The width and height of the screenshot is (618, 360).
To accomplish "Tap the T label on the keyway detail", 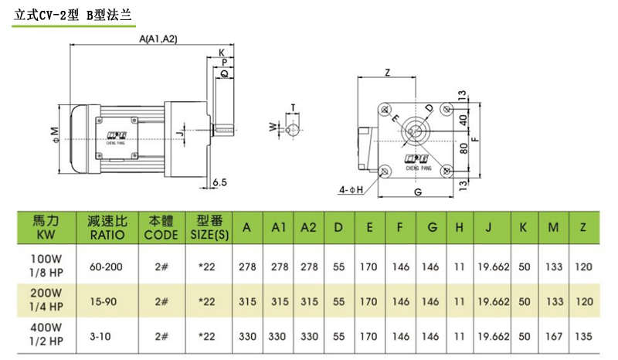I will [293, 107].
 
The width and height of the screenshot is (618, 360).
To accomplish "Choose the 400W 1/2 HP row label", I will [44, 338].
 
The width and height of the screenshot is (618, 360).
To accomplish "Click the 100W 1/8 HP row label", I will [44, 267].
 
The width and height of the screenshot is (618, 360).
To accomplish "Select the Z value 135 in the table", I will [584, 338].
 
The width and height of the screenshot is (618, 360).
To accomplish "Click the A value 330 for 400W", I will [247, 338].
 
